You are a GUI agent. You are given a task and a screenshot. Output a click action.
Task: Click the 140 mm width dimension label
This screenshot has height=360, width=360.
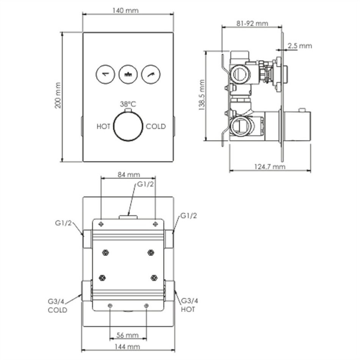(x=125, y=10)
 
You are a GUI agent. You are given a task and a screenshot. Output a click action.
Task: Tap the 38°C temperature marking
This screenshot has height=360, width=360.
(x=128, y=104)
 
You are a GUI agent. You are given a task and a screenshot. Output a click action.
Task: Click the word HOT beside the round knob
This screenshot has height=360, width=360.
(x=103, y=127)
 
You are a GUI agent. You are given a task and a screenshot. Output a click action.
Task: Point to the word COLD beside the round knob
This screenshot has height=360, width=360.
(x=156, y=127)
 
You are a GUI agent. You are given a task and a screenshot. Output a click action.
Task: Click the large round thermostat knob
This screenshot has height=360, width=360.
(x=128, y=127)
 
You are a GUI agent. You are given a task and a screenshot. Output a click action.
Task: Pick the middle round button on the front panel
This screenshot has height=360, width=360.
(x=128, y=74)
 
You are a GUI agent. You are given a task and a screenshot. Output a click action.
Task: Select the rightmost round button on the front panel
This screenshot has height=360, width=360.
(x=150, y=74)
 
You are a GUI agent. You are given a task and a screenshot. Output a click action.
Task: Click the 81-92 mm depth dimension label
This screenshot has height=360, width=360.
(x=252, y=23)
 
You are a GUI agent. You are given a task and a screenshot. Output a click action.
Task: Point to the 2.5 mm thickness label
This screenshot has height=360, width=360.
(x=299, y=46)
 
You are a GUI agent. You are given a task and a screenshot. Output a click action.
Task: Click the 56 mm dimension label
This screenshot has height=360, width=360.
(x=128, y=335)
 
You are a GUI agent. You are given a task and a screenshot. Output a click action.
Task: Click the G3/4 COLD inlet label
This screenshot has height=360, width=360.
(x=57, y=305)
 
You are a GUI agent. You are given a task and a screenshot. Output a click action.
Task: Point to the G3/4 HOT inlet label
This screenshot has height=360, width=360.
(x=189, y=305)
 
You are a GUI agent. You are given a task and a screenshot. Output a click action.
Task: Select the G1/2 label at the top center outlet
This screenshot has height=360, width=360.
(x=145, y=185)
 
